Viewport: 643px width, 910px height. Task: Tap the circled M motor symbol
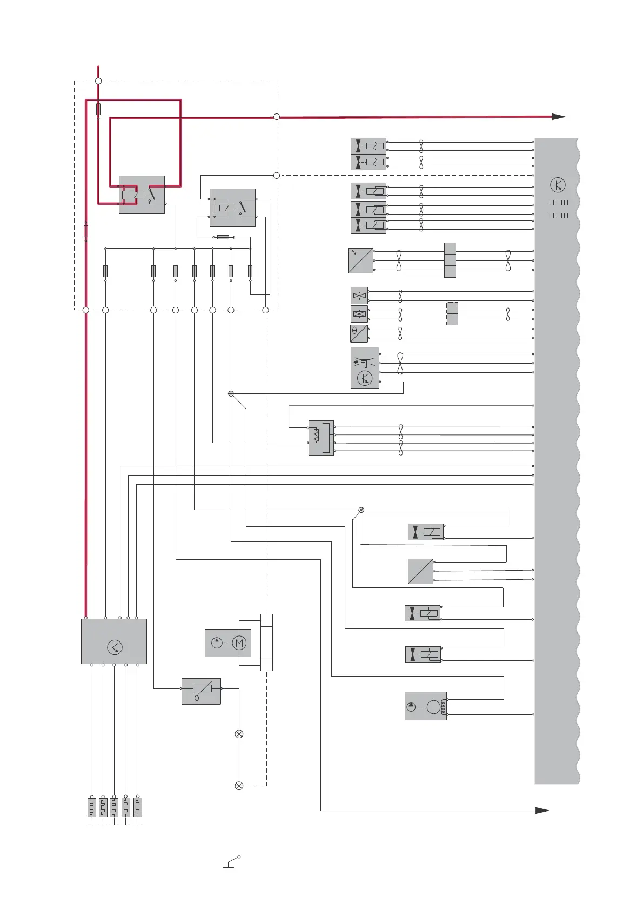[x=239, y=643]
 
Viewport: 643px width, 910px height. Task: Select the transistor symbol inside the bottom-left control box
[x=115, y=647]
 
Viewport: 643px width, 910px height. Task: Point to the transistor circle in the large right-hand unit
[x=558, y=185]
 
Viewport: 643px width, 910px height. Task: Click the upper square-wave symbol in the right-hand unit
[x=558, y=203]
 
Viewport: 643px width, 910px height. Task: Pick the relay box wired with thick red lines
[x=142, y=195]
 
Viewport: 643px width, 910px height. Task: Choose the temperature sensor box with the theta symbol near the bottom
[x=201, y=691]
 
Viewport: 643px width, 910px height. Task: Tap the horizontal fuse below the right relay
[x=223, y=237]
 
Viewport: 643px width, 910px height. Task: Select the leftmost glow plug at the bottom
[x=92, y=807]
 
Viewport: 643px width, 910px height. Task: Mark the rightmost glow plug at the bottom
[x=138, y=807]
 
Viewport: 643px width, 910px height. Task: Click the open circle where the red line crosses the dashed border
[x=277, y=117]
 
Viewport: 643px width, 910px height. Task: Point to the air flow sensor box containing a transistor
[x=365, y=367]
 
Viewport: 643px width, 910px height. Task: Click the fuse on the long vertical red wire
[x=85, y=231]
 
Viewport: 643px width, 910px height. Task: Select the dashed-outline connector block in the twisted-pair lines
[x=452, y=313]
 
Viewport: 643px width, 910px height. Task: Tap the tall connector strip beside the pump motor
[x=266, y=642]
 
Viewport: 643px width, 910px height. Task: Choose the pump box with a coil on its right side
[x=426, y=706]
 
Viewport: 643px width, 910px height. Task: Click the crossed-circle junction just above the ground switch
[x=239, y=786]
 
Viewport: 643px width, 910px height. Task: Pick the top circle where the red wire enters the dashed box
[x=98, y=81]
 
